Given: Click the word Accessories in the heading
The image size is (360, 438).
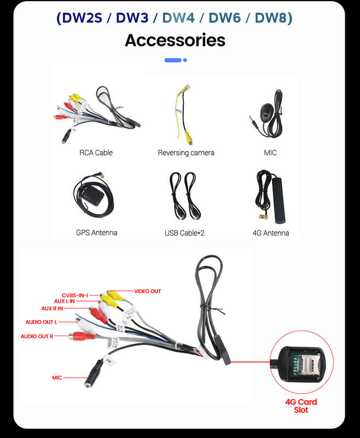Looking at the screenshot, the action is (x=175, y=40).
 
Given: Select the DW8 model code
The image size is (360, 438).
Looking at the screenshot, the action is (x=271, y=18).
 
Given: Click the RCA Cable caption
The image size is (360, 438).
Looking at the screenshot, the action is (x=96, y=153).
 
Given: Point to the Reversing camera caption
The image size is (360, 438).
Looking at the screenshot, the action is (x=186, y=153).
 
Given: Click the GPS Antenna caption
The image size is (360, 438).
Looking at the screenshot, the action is (x=96, y=233).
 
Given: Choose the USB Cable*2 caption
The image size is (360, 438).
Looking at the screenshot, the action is (x=184, y=233).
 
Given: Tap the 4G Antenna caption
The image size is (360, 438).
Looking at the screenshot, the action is (x=271, y=233).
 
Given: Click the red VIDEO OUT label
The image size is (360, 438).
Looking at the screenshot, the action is (x=147, y=291).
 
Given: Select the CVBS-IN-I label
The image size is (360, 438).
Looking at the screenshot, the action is (x=75, y=295).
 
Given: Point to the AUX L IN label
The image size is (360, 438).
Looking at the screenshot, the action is (x=65, y=301).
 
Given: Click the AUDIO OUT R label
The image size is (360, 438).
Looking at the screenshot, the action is (x=37, y=336).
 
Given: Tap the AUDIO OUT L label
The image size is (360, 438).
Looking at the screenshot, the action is (x=41, y=322).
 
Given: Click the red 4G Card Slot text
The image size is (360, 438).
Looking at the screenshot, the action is (x=301, y=406).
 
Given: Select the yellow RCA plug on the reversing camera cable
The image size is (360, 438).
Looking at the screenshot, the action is (x=189, y=138).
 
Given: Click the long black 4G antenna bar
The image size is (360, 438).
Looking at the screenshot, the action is (x=279, y=200).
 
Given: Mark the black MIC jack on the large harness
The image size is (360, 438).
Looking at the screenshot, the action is (x=94, y=373).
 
